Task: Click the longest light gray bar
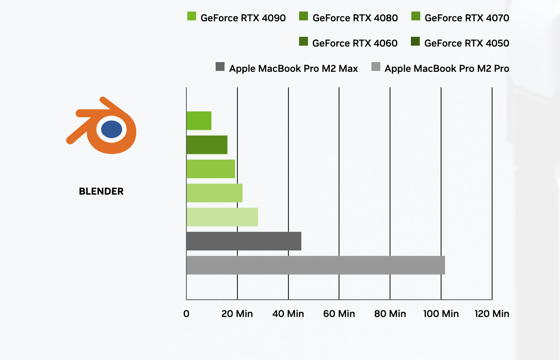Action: (x=315, y=265)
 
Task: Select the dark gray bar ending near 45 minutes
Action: (x=244, y=241)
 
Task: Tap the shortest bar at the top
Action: (x=199, y=121)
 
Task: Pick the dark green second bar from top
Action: (x=207, y=145)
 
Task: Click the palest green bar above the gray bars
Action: (x=222, y=217)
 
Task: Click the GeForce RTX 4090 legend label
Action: (x=243, y=18)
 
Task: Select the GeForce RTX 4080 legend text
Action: (x=355, y=18)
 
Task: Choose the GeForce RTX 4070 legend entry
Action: (x=467, y=18)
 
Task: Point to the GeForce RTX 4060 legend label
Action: (x=355, y=43)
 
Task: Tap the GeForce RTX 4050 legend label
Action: (x=467, y=43)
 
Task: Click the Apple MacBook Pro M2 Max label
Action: (x=293, y=69)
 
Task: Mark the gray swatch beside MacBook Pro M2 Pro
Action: (x=376, y=67)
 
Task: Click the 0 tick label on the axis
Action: (x=186, y=314)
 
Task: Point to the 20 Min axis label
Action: (x=237, y=314)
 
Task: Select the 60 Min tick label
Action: (x=339, y=314)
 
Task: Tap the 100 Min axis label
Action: (x=441, y=314)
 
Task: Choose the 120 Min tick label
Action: (x=492, y=314)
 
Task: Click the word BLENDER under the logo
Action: (x=101, y=192)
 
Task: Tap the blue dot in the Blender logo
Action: (x=111, y=129)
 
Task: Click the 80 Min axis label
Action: (x=390, y=314)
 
